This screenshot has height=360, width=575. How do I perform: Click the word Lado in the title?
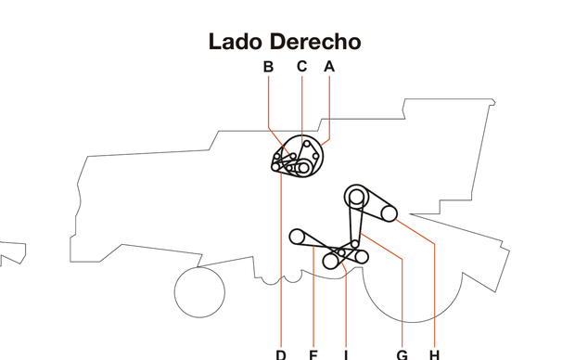pyautogui.click(x=236, y=42)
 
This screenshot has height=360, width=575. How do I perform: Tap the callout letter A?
pyautogui.click(x=329, y=66)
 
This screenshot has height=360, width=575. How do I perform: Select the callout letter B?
pyautogui.click(x=268, y=66)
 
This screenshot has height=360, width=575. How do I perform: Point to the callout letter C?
pyautogui.click(x=301, y=66)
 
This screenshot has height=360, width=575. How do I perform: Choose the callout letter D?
pyautogui.click(x=280, y=354)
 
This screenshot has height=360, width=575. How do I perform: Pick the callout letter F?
pyautogui.click(x=313, y=354)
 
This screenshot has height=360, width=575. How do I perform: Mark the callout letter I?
pyautogui.click(x=345, y=354)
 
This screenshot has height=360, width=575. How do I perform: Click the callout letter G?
pyautogui.click(x=402, y=354)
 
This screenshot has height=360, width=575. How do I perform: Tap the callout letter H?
pyautogui.click(x=434, y=354)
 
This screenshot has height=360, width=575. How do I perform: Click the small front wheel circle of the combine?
pyautogui.click(x=198, y=290)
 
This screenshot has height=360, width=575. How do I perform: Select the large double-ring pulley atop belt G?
pyautogui.click(x=356, y=196)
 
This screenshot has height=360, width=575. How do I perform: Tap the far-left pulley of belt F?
pyautogui.click(x=297, y=236)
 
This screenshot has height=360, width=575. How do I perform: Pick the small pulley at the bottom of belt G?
pyautogui.click(x=354, y=244)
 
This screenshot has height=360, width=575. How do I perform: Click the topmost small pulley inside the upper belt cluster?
pyautogui.click(x=306, y=145)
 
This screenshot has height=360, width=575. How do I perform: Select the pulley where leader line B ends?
pyautogui.click(x=291, y=155)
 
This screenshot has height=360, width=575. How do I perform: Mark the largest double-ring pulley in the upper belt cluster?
pyautogui.click(x=302, y=168)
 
